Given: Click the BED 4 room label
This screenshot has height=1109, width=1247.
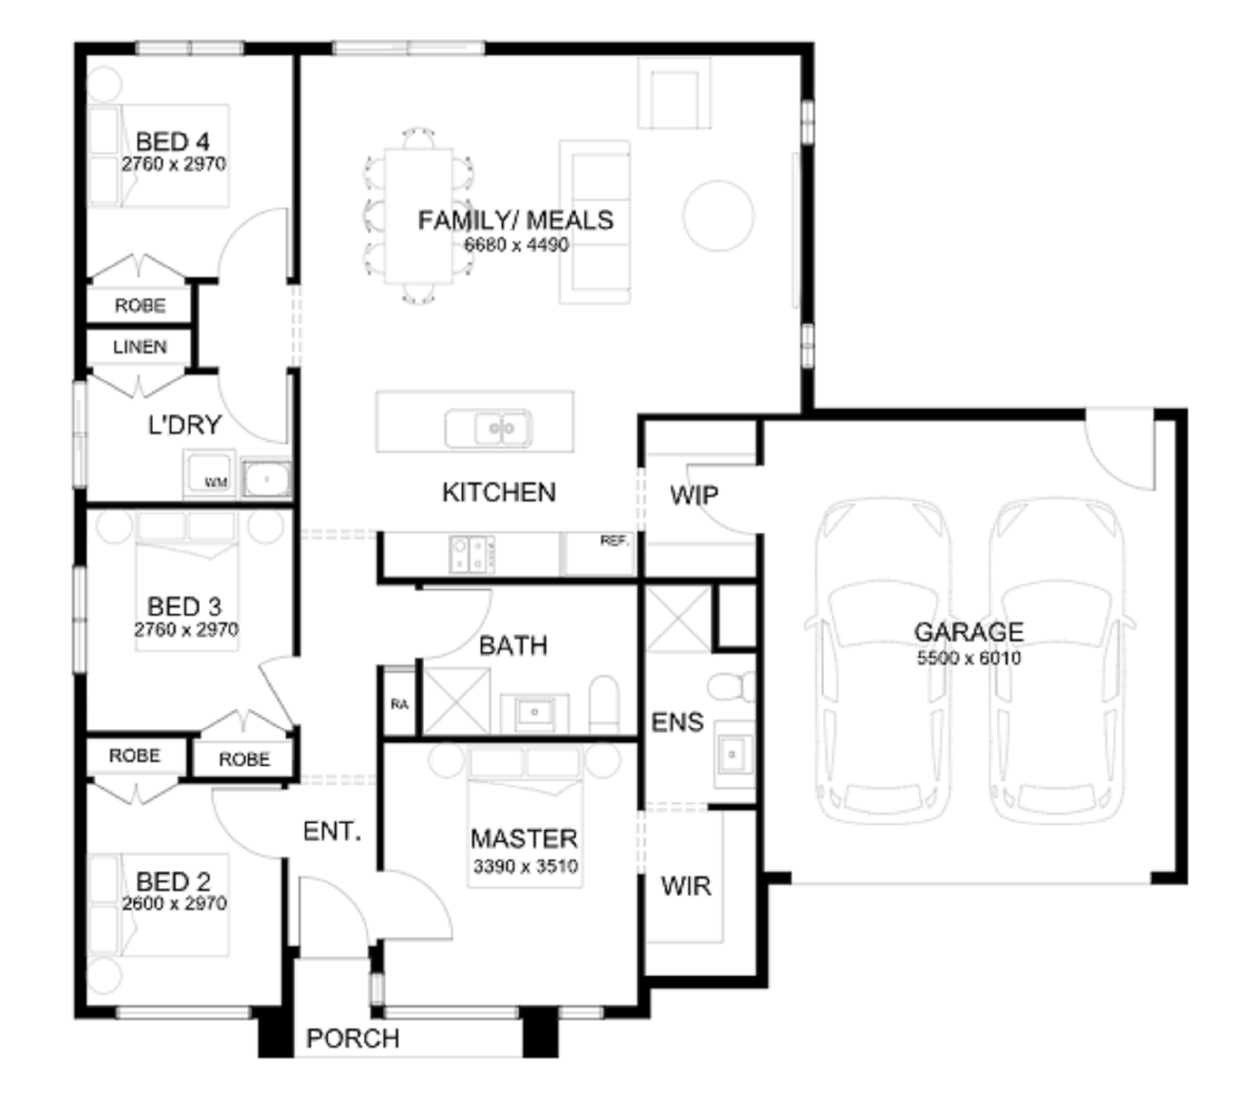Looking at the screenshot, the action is (x=172, y=142).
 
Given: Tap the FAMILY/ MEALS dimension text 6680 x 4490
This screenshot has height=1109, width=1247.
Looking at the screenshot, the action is (x=516, y=245).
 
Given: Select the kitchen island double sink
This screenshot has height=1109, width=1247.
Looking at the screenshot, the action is (x=488, y=428).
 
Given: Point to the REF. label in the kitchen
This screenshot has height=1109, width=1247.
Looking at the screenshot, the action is (x=614, y=541).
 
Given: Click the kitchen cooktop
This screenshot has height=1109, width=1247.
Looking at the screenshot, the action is (x=472, y=554).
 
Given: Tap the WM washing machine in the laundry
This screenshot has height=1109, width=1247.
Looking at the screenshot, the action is (x=210, y=474).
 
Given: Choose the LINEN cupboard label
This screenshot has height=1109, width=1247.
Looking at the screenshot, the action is (x=139, y=347).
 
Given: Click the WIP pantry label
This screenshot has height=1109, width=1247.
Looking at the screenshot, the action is (x=694, y=495).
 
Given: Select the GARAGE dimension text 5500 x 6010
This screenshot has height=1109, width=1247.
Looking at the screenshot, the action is (x=969, y=659).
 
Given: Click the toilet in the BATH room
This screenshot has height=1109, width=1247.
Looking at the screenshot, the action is (x=604, y=705).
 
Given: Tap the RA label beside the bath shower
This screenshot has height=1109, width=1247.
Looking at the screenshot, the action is (x=399, y=704).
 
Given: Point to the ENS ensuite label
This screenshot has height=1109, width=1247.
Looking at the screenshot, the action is (x=677, y=723).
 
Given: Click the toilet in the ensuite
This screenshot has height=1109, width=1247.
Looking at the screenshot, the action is (x=731, y=687).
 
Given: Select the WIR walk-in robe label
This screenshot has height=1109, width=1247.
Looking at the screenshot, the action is (x=686, y=887).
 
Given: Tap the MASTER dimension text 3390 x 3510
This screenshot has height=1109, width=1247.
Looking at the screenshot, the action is (x=525, y=867).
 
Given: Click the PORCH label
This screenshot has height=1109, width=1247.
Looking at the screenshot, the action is (x=352, y=1039).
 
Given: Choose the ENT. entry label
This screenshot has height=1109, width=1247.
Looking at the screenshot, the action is (x=332, y=831).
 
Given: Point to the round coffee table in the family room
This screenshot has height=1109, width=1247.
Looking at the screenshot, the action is (x=718, y=216).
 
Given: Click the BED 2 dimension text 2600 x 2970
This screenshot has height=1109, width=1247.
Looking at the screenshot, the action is (x=174, y=904).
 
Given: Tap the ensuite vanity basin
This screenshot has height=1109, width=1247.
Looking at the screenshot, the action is (x=733, y=755).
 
